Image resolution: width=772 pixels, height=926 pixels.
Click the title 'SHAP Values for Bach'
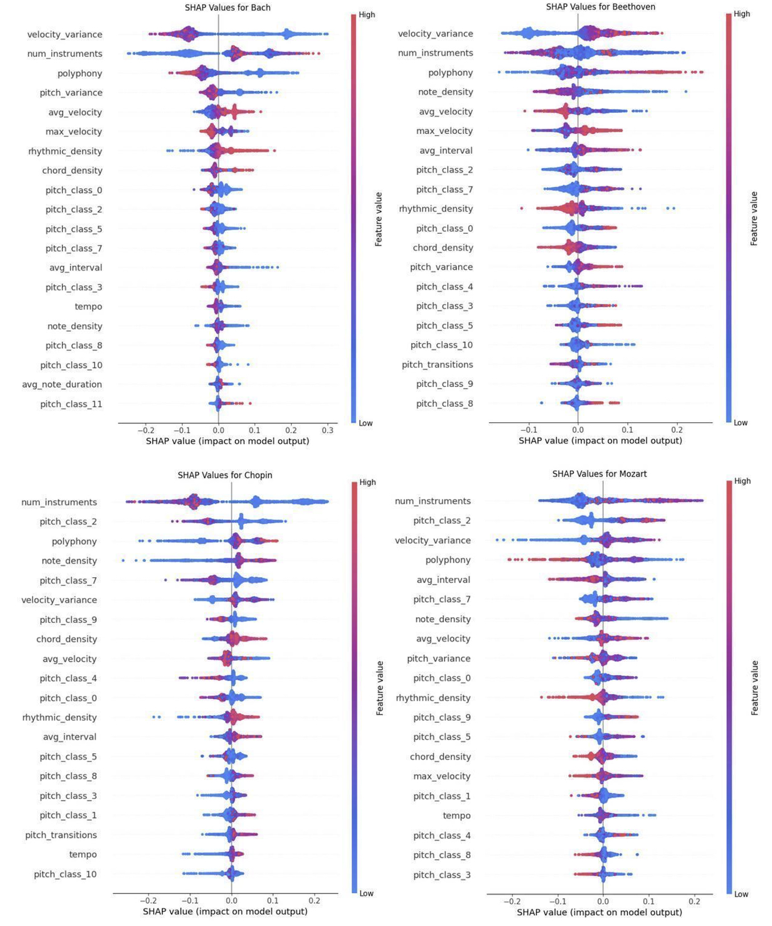point(227,8)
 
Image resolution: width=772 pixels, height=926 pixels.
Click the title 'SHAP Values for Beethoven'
point(601,7)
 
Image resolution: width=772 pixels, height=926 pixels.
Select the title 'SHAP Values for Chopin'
point(225,475)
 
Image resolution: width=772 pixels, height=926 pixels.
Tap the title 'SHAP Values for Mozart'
point(599,474)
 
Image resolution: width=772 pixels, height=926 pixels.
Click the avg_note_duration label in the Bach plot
point(62,385)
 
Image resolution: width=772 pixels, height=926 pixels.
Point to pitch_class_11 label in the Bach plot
point(71,404)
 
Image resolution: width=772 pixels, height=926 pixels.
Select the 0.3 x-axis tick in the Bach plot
point(328,431)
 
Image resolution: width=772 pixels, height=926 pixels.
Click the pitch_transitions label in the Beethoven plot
point(437,365)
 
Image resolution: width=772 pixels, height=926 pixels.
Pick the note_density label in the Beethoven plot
point(446,92)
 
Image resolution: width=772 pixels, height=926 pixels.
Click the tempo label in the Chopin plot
point(83,855)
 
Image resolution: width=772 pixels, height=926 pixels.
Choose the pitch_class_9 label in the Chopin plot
point(68,620)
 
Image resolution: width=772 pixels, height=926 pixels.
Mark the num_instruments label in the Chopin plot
point(59,503)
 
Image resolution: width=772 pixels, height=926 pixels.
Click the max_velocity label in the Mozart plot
point(442,777)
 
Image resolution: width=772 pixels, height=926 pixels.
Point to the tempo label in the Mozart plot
point(457,816)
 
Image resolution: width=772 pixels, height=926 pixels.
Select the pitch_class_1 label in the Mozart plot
point(442,796)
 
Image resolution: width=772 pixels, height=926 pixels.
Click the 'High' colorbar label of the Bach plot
point(367,15)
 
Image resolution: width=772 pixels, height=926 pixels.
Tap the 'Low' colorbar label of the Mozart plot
point(741,895)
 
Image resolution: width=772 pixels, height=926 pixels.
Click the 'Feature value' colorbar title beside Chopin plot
point(379,688)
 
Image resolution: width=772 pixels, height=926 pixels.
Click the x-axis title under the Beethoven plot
point(600,440)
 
